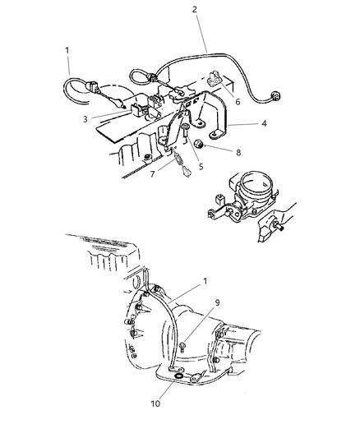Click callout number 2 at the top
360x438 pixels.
(x=195, y=10)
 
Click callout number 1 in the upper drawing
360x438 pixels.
(x=67, y=51)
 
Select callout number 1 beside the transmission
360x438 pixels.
(x=205, y=281)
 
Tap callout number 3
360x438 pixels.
(x=85, y=119)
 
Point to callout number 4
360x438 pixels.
(x=264, y=123)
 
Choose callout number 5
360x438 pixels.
(x=201, y=167)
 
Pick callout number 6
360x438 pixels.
(x=238, y=102)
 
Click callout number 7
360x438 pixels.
(x=152, y=174)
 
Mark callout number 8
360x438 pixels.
(x=238, y=153)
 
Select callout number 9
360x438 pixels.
(x=217, y=302)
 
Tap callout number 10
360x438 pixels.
(x=155, y=403)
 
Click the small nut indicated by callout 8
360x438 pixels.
(x=198, y=144)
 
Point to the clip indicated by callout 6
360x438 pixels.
(x=215, y=79)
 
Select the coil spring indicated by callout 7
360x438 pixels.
(x=177, y=159)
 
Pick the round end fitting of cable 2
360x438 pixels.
(x=276, y=95)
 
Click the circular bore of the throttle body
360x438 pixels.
(x=256, y=183)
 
